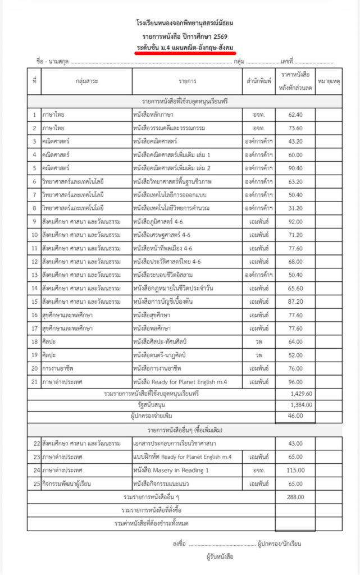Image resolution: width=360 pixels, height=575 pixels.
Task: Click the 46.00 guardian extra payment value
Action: (x=295, y=416)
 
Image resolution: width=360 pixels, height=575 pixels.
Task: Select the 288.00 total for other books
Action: (x=295, y=497)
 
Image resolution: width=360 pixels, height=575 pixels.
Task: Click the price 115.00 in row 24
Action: (x=295, y=470)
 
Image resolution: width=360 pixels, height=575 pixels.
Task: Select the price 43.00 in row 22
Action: (x=295, y=444)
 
